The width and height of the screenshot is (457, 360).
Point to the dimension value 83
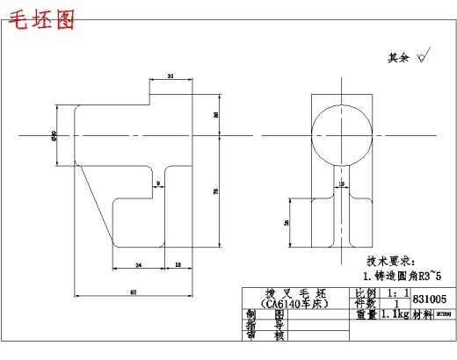[x=133, y=291]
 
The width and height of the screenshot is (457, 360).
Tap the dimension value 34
[x=138, y=263]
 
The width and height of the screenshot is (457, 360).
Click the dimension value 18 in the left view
[x=178, y=263]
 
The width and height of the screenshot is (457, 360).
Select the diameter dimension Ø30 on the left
[x=55, y=135]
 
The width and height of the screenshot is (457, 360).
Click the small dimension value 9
[x=157, y=184]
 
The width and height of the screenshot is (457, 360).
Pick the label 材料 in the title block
[x=424, y=314]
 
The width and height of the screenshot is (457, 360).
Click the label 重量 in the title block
[x=365, y=314]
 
